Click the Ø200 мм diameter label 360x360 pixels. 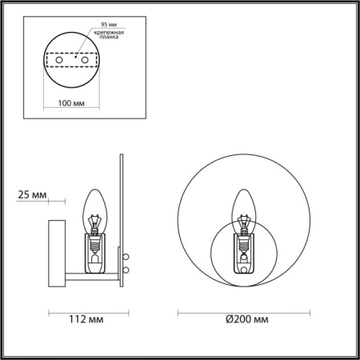[x=246, y=320]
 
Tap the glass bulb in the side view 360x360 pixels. [x=95, y=206]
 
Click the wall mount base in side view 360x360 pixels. [x=56, y=251]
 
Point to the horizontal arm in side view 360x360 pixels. [x=88, y=277]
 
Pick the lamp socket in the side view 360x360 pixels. [x=95, y=247]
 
